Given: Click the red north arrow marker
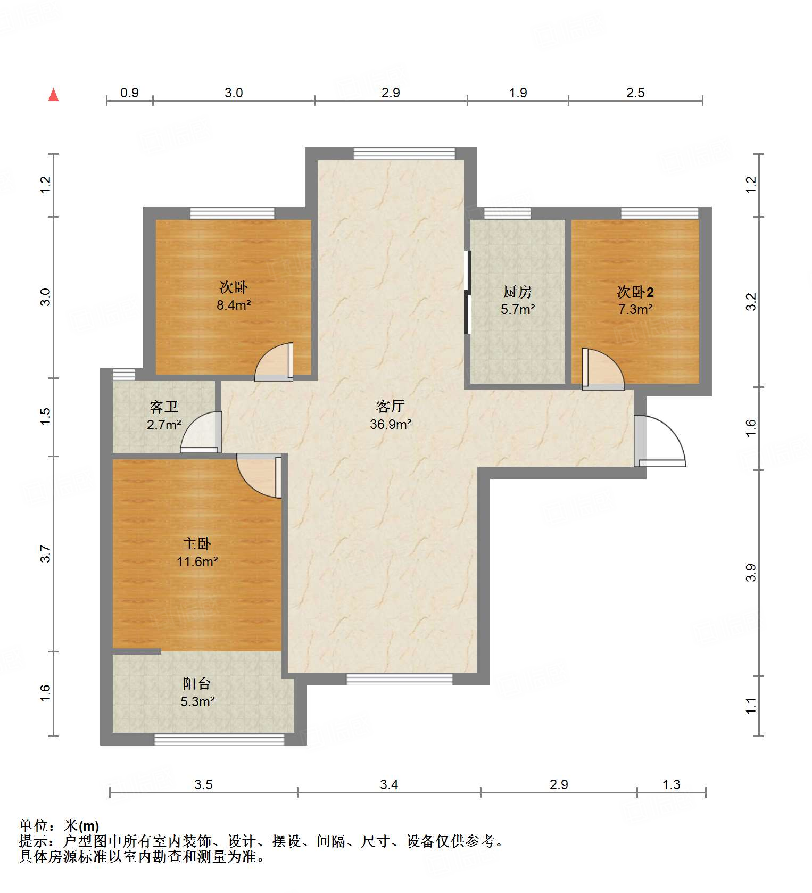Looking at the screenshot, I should tap(53, 95).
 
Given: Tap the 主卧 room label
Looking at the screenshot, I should tap(197, 543).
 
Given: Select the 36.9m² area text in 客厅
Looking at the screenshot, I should tap(391, 424).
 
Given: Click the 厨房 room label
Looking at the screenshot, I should tap(517, 292).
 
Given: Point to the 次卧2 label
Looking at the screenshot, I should tap(635, 292).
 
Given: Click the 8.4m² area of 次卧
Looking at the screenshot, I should tap(233, 305).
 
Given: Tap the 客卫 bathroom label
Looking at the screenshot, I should tap(164, 407).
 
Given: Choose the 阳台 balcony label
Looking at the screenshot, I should tap(197, 683).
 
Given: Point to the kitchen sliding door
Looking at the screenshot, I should tap(467, 292).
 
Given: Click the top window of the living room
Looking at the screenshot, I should tap(404, 153).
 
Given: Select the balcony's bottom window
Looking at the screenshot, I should tap(219, 739).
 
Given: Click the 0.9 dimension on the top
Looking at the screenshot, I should tap(129, 93).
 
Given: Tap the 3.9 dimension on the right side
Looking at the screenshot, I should tap(750, 573).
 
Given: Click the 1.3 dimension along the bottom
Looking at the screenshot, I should tap(672, 784).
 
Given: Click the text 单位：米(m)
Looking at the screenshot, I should tap(59, 826).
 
